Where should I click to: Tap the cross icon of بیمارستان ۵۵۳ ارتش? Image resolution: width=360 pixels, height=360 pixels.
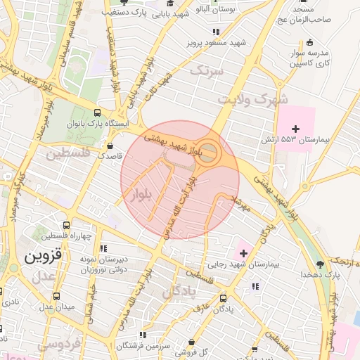[x=295, y=129]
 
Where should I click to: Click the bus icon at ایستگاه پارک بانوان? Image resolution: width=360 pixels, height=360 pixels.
[x=97, y=112]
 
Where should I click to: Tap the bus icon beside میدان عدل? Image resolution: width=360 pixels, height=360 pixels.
[x=56, y=295]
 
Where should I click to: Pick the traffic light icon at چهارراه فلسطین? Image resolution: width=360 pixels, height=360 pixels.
[x=65, y=224]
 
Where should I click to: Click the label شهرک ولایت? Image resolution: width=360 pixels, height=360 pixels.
[x=252, y=99]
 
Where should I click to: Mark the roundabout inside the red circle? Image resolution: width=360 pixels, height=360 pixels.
[x=209, y=153]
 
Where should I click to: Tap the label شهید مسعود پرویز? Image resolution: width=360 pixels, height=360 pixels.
[x=217, y=42]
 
